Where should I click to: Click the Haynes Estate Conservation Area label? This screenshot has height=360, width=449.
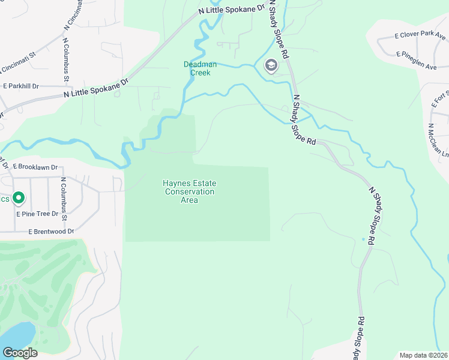190,191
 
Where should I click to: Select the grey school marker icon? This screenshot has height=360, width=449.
271,65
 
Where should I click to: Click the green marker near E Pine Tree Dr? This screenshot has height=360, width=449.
19,197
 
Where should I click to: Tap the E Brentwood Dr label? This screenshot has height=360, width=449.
51,231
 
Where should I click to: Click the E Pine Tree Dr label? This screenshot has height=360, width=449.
38,214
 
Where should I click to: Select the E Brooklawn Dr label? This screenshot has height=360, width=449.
34,167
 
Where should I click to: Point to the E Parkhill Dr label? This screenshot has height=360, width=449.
21,86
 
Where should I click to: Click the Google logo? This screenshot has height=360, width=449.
20,353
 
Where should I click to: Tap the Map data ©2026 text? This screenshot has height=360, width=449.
423,355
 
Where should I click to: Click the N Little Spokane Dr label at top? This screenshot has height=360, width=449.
232,10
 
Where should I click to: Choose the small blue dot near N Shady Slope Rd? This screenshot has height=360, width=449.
363,239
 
